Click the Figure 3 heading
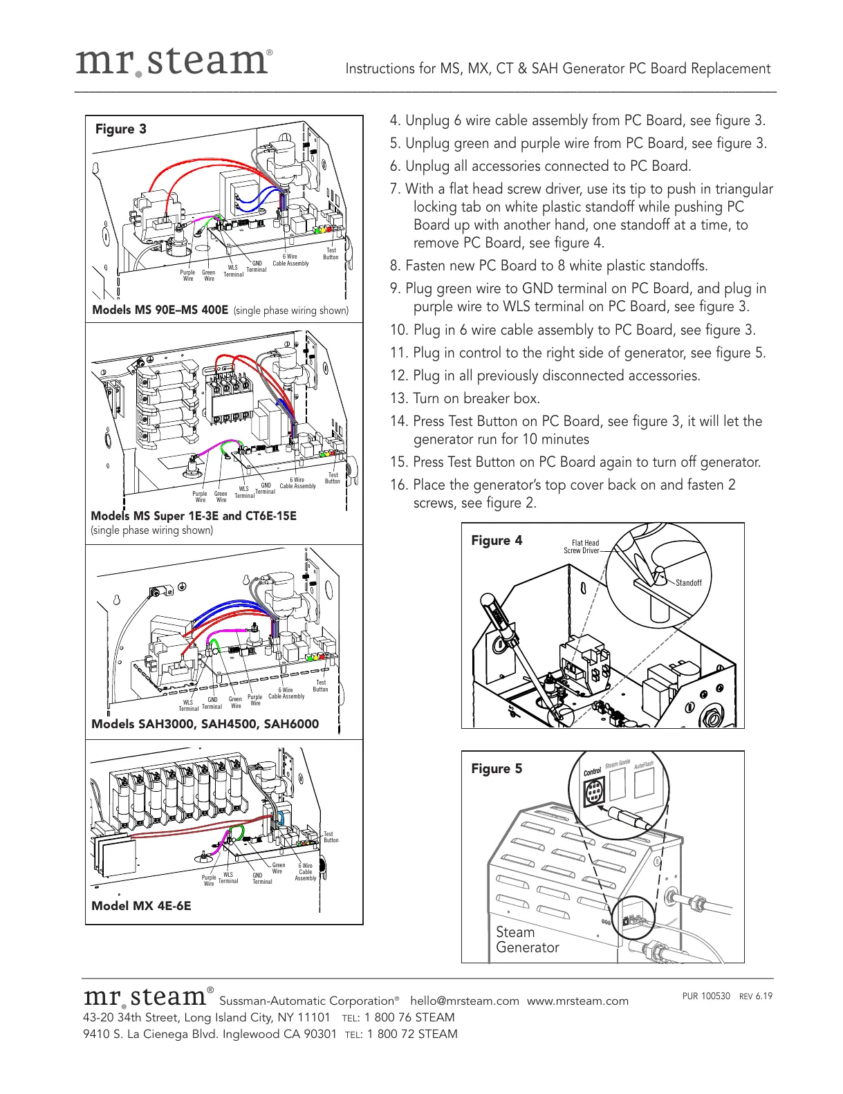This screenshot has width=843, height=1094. point(121,129)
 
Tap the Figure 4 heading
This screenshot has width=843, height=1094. point(497,541)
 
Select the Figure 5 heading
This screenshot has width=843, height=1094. point(497,769)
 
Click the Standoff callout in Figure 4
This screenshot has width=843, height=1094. point(688,583)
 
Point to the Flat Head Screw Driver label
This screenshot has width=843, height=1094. point(582,547)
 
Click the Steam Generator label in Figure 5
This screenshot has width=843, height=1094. point(527,940)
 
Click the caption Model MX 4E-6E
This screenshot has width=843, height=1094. point(141,906)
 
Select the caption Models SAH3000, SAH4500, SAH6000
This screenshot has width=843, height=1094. point(205,724)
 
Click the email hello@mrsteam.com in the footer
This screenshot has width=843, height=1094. point(464,1001)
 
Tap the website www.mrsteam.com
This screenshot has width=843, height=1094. point(577,1001)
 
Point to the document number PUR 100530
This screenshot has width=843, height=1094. point(706,996)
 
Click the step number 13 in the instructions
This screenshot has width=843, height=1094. point(397,399)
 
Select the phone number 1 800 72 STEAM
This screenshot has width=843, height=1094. point(412,1034)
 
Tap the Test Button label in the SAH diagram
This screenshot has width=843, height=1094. point(320,685)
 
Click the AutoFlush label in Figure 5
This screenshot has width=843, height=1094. point(643,766)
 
